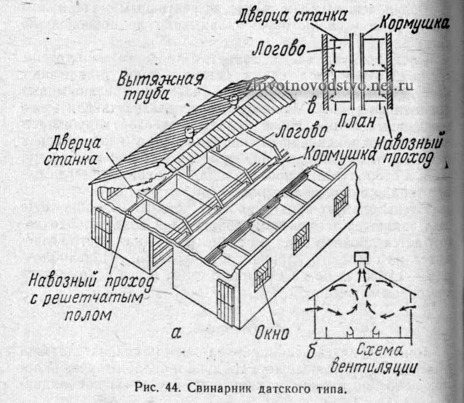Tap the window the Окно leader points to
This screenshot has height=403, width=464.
tap(262, 274)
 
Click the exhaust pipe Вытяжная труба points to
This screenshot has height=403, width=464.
tap(234, 100)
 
